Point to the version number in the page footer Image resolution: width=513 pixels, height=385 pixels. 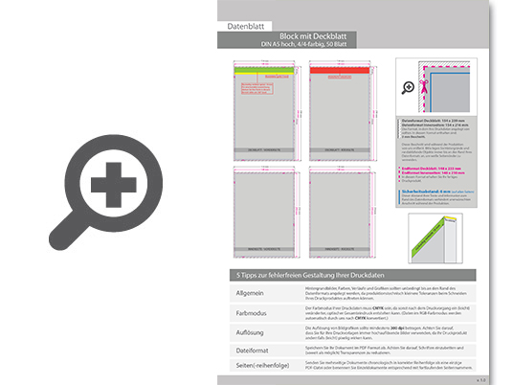click(x=481, y=377)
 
